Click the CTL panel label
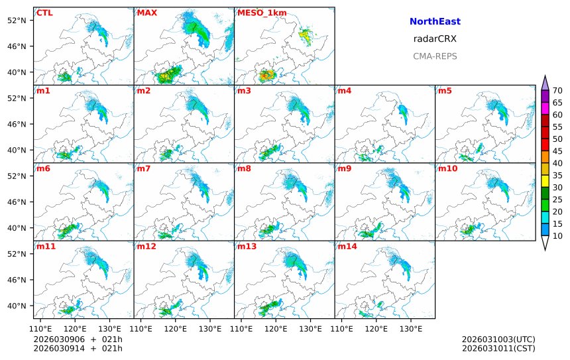point(45,13)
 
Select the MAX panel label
point(146,13)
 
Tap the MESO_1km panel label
point(253,13)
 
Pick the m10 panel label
point(447,168)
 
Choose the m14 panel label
point(347,247)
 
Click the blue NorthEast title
point(435,22)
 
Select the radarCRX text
point(435,39)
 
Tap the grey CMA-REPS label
point(435,56)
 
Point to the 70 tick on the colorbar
point(557,91)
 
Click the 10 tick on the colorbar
point(557,236)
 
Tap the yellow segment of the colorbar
point(545,180)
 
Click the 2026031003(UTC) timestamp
point(498,339)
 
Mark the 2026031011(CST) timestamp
point(498,348)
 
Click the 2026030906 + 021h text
point(78,339)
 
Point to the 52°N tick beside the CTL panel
point(21,20)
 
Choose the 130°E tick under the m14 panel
point(411,328)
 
